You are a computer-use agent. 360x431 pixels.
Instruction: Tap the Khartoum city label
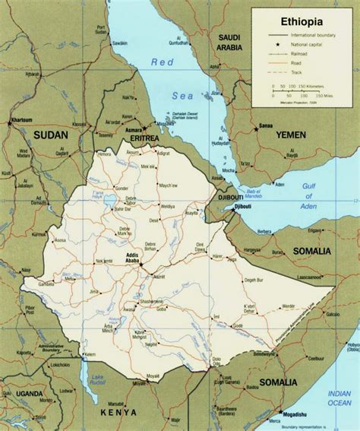point(21,122)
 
